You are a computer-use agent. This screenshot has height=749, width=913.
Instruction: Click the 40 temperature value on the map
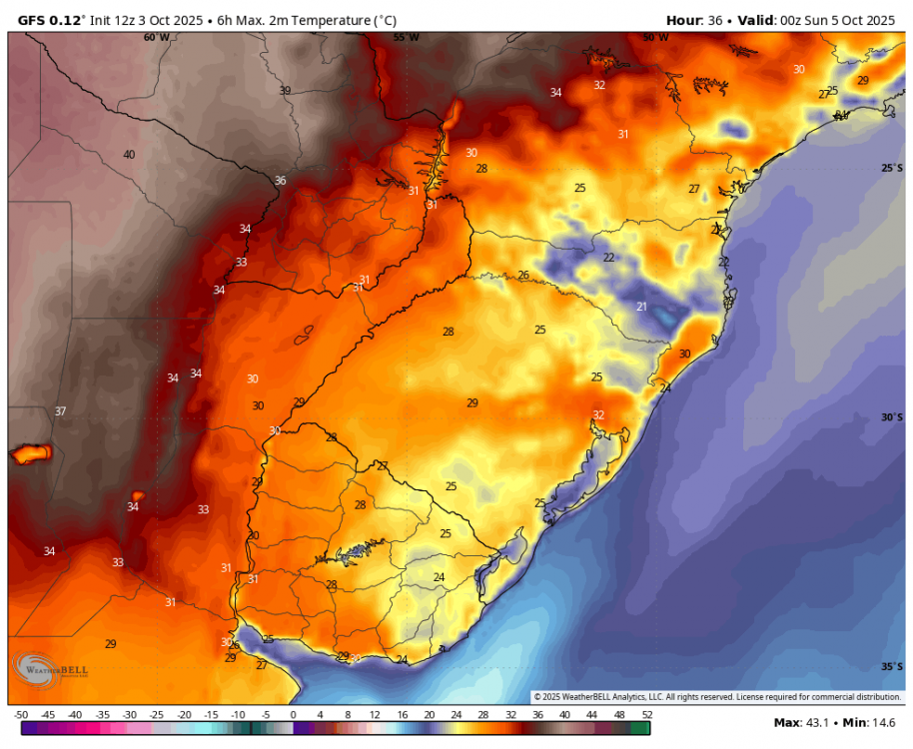[x=129, y=155]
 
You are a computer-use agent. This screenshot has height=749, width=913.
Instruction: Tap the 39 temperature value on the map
[x=285, y=91]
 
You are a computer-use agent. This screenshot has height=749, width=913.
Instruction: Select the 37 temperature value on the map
[x=60, y=411]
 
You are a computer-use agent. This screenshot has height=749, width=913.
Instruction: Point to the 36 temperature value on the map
[x=280, y=181]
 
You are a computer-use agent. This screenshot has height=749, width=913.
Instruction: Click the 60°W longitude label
[x=156, y=38]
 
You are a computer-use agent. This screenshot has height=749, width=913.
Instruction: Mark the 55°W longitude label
[x=406, y=38]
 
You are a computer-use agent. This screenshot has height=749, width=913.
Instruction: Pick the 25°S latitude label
[x=891, y=169]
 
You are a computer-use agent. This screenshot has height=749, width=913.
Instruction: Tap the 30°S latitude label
[x=891, y=417]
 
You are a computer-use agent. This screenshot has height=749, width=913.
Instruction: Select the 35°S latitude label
[x=891, y=666]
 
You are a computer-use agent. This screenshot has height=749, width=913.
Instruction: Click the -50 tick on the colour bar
[x=20, y=715]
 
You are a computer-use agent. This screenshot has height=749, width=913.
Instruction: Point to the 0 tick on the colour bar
[x=293, y=715]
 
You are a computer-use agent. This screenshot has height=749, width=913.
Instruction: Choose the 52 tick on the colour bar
[x=646, y=715]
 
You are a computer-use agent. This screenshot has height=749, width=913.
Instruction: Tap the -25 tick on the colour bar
[x=156, y=715]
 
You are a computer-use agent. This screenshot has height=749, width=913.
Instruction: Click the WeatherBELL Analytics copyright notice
[x=717, y=696]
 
